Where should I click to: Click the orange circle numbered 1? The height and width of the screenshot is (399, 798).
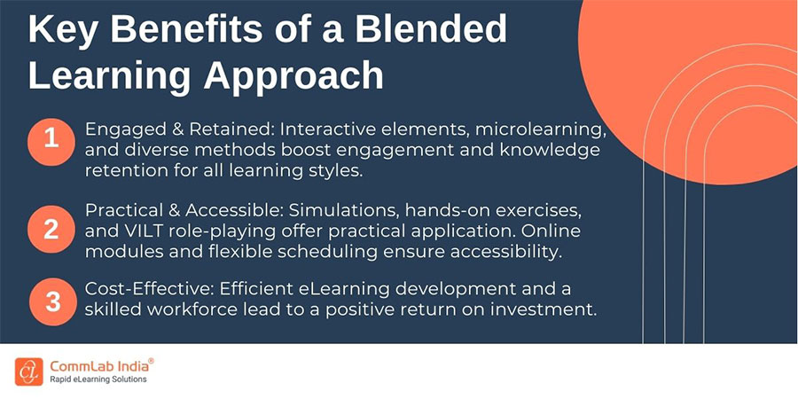(51, 139)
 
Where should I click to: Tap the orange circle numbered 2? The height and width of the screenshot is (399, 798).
(51, 229)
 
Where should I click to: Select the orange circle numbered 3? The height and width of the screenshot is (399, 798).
(51, 301)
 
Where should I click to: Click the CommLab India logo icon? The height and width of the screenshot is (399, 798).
(27, 371)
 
